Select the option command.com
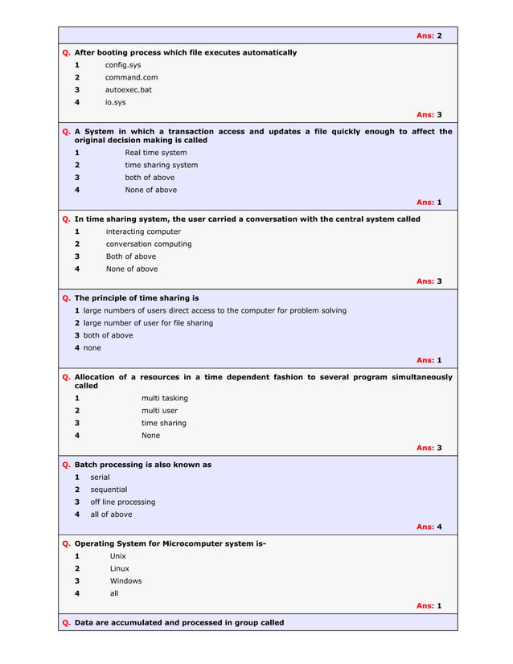131,77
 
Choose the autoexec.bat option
128,90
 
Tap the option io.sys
115,102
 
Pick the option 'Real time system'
155,153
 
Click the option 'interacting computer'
143,232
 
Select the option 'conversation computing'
149,244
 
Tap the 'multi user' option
160,410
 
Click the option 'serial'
100,477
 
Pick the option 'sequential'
109,490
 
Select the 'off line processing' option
122,502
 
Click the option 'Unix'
118,555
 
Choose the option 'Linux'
119,568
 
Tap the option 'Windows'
125,580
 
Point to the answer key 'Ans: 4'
429,527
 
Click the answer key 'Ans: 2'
429,36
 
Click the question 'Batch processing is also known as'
143,465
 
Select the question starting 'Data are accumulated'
179,623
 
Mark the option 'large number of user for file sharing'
148,322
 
